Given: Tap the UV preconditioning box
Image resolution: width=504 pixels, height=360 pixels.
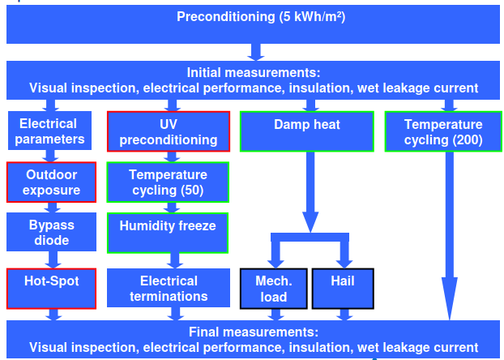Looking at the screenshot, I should (169, 131).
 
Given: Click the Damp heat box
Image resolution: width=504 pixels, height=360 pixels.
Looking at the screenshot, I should (306, 131).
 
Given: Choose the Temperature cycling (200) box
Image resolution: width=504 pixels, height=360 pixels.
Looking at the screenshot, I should (443, 131).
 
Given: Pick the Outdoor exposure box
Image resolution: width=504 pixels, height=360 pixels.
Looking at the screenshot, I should (51, 182).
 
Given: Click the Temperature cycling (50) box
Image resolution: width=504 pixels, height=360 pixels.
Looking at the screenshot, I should (168, 182).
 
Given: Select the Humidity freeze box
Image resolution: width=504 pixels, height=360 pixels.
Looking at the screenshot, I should (168, 232).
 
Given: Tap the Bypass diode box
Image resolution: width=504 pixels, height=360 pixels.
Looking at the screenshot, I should (51, 233).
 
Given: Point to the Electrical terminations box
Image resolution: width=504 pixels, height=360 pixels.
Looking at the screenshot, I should (168, 289).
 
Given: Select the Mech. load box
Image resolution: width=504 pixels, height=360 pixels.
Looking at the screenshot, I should (273, 289).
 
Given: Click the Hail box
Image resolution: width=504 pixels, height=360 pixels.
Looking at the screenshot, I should (343, 288).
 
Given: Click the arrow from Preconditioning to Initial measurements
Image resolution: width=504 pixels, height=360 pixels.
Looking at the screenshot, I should (254, 52).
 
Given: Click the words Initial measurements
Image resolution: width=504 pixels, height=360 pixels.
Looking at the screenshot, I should (254, 72).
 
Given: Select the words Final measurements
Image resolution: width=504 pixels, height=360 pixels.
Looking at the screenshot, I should (254, 332).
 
